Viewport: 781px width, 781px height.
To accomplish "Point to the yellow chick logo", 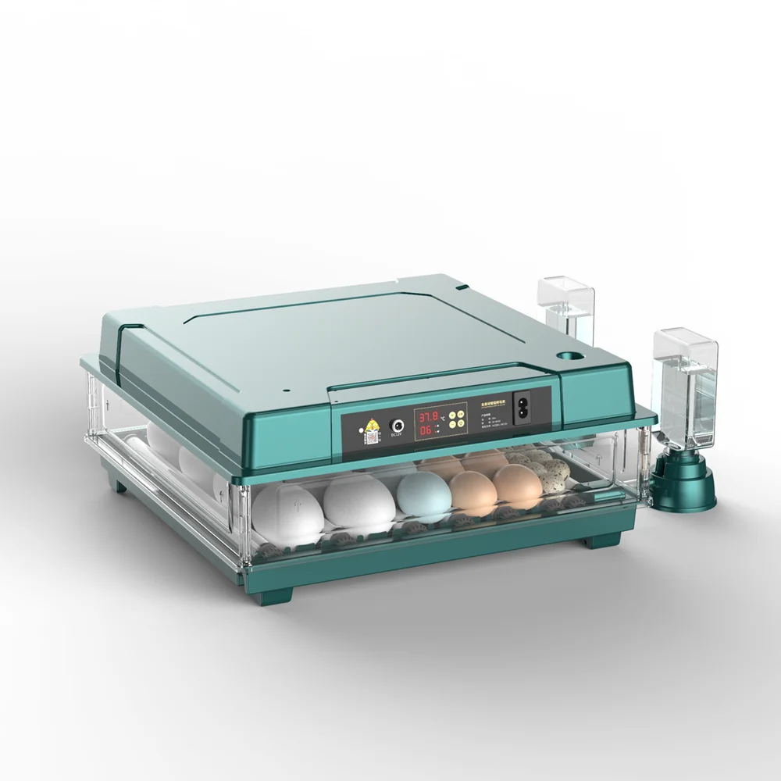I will pos(370,426).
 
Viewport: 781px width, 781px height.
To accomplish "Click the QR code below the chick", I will pos(370,438).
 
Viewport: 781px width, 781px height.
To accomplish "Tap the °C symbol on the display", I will pos(442,419).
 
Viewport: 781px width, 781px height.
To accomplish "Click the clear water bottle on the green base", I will pos(685,390).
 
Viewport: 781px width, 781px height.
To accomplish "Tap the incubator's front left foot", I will pos(275,594).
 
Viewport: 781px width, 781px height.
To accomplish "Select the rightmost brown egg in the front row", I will pos(517,484).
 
